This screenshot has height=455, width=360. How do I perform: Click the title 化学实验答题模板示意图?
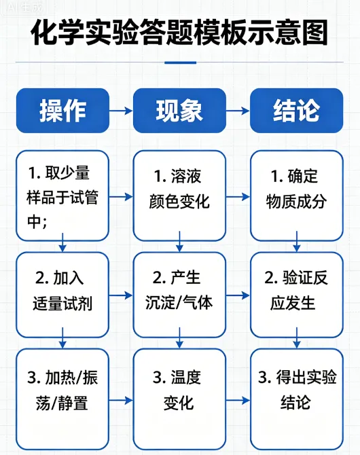point(179,32)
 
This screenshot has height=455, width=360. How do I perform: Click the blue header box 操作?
point(62,110)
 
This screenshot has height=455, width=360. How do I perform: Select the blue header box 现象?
point(179,110)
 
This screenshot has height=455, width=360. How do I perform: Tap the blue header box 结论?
point(296,110)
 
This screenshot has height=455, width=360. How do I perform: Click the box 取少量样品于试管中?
point(62,196)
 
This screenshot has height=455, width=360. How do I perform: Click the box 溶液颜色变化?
point(179,196)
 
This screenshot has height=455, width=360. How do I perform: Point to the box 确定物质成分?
point(296,196)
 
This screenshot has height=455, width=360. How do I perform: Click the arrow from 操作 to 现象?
point(121,110)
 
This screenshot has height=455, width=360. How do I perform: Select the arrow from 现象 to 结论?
point(238,110)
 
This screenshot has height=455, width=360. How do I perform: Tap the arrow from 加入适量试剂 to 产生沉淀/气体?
point(121,295)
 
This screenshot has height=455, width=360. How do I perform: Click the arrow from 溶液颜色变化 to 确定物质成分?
point(238,197)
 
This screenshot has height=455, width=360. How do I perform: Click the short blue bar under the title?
point(180,62)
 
